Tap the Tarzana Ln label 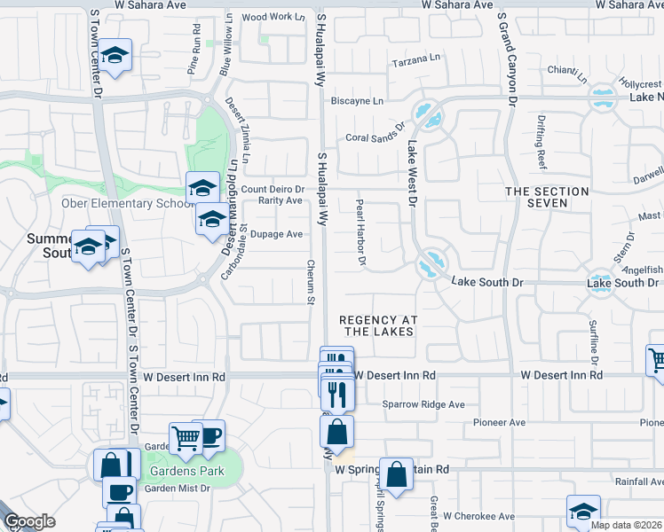click(x=416, y=63)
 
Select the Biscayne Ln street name click(x=357, y=101)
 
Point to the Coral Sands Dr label click(x=375, y=137)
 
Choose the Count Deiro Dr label click(x=273, y=189)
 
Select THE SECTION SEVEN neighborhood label click(x=547, y=197)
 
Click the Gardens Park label click(x=186, y=471)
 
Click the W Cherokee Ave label click(x=479, y=515)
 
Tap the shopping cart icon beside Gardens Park click(x=186, y=437)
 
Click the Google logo click(x=30, y=521)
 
